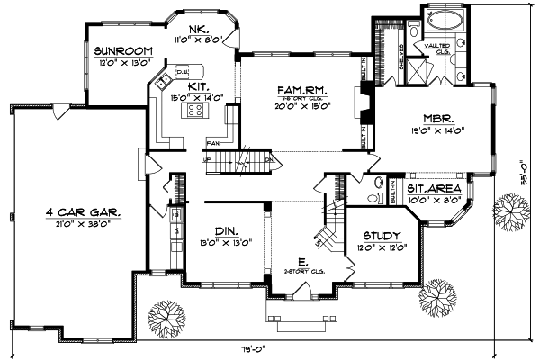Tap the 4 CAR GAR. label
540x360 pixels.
point(85,212)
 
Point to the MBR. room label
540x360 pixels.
point(437,118)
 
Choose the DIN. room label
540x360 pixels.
point(225,229)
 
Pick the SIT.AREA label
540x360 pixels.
point(434,189)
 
